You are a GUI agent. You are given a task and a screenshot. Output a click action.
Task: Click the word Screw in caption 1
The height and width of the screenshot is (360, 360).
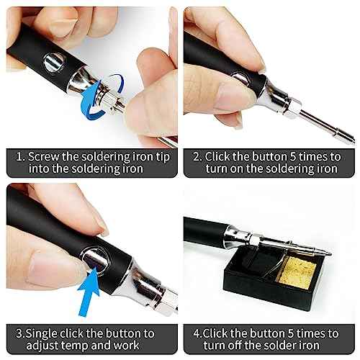45,154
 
